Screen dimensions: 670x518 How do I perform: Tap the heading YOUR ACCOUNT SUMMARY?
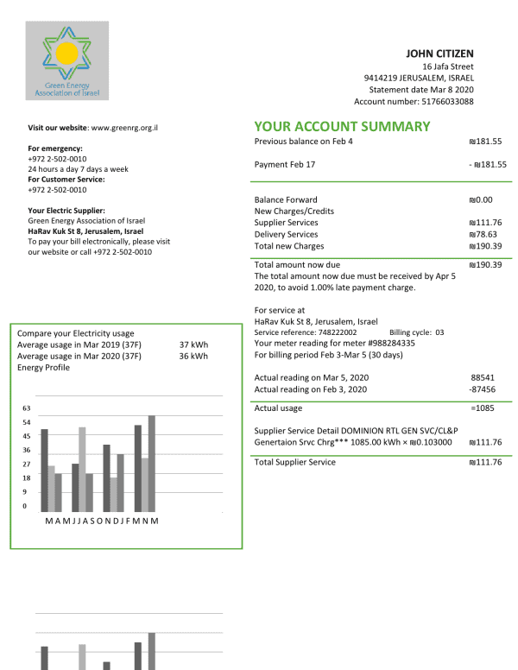[x=342, y=126]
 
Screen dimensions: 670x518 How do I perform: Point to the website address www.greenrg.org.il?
[x=129, y=128]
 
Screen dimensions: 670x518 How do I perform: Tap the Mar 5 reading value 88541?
[x=483, y=377]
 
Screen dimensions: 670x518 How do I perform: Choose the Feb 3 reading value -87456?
[x=483, y=389]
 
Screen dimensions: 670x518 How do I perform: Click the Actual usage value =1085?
[x=483, y=408]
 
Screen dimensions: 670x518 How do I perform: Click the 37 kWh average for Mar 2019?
[x=193, y=344]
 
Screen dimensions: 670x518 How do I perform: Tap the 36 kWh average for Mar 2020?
[x=193, y=356]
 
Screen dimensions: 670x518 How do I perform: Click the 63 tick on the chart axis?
[x=26, y=408]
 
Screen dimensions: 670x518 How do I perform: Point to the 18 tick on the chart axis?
[x=26, y=477]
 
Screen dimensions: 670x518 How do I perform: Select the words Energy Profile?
[x=44, y=367]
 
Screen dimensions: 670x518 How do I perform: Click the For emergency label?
[x=55, y=149]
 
